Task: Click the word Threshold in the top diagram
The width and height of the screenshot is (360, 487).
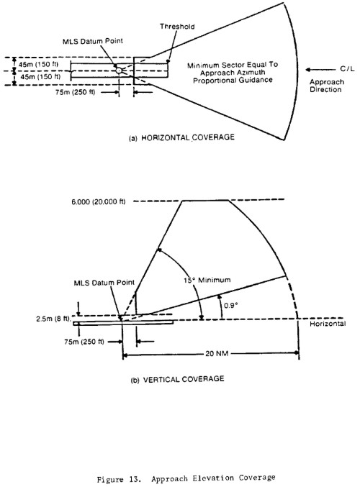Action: (x=177, y=27)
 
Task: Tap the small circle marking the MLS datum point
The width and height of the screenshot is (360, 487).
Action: (x=119, y=70)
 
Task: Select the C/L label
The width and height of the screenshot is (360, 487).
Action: (x=347, y=69)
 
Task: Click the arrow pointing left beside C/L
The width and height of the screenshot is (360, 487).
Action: (x=320, y=70)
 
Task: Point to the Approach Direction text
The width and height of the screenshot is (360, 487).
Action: (x=326, y=86)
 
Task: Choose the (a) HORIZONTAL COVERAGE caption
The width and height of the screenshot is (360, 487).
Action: (x=181, y=137)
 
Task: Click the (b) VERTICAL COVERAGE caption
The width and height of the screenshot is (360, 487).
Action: (x=178, y=379)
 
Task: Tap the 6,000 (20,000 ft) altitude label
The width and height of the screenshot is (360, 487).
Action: (x=99, y=202)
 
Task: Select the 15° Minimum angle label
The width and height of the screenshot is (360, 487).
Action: (x=207, y=280)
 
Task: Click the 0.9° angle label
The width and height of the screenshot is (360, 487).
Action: (x=231, y=305)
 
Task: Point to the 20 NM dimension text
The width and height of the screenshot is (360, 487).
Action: (x=217, y=353)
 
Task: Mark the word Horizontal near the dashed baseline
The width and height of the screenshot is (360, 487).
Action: (x=328, y=324)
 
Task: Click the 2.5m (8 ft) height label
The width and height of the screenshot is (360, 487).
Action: (x=53, y=319)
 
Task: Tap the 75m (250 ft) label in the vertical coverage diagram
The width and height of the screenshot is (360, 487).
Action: (x=84, y=342)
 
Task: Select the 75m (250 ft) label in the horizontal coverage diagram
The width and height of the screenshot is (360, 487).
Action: (x=75, y=92)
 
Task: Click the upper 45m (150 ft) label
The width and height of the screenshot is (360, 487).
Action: (x=38, y=65)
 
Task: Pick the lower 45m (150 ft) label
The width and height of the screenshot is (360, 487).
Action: (x=40, y=77)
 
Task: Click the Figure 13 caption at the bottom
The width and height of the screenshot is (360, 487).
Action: (x=186, y=478)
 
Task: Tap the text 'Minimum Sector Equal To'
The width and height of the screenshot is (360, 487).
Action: (x=233, y=65)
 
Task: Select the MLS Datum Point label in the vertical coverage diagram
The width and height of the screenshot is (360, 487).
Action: (x=104, y=283)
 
